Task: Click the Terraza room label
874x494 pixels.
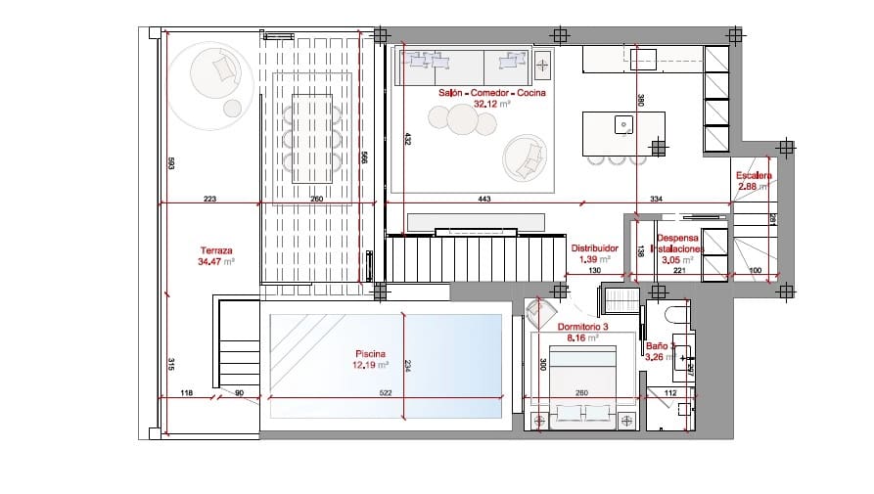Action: coord(215,255)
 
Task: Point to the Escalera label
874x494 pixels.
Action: coord(754,180)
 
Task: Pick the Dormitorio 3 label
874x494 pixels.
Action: coord(582,332)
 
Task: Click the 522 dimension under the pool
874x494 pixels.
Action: coord(385,393)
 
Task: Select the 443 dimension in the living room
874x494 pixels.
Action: coord(483,199)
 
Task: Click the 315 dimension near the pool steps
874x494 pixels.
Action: coord(169,364)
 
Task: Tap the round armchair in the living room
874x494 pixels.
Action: coord(523,157)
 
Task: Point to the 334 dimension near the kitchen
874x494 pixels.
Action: coord(656,199)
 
